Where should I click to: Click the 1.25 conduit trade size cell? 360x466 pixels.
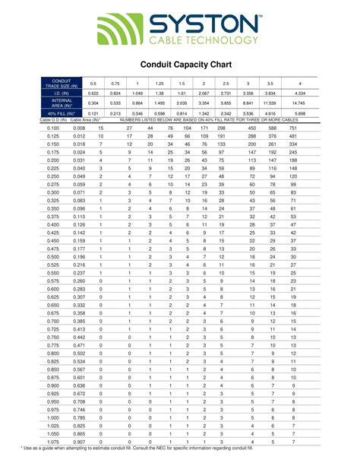159,82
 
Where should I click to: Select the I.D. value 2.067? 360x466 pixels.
204,93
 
